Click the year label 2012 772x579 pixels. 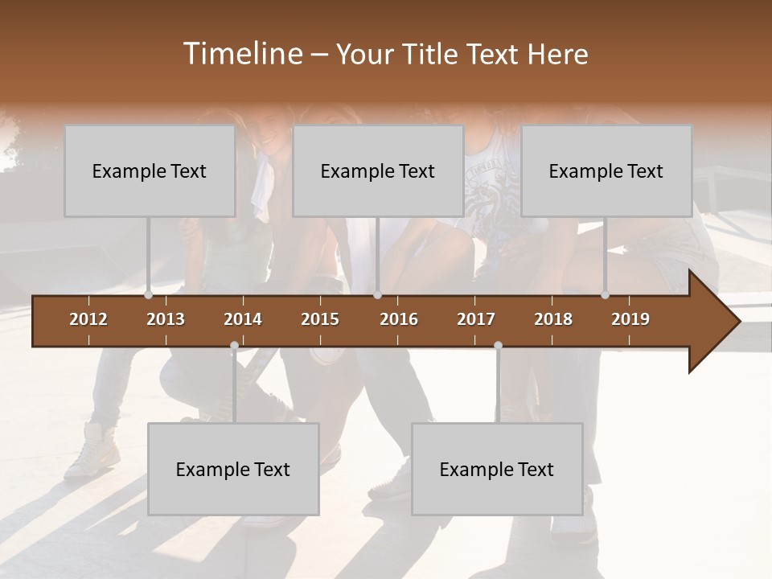click(x=88, y=319)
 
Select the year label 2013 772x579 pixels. click(x=166, y=319)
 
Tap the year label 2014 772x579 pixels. click(x=243, y=319)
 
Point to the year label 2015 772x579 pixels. click(x=320, y=319)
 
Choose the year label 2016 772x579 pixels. click(x=399, y=319)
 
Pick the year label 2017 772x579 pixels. click(x=476, y=319)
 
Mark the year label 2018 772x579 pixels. click(x=553, y=319)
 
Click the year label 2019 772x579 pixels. click(x=630, y=319)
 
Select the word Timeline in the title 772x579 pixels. click(x=241, y=54)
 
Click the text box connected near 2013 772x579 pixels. click(x=150, y=170)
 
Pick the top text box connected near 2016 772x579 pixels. click(x=378, y=170)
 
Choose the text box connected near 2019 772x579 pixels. click(x=606, y=170)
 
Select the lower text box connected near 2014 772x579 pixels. click(x=233, y=469)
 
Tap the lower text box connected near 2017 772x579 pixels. click(x=497, y=469)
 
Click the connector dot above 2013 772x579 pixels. click(x=149, y=295)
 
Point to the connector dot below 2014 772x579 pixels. click(x=234, y=346)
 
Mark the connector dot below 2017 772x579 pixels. click(x=498, y=346)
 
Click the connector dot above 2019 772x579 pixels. click(x=606, y=295)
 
